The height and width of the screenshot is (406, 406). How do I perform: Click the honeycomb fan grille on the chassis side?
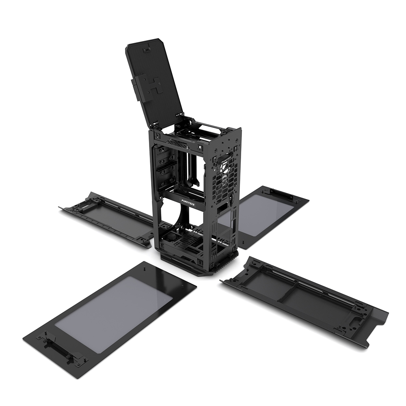tap(225, 179)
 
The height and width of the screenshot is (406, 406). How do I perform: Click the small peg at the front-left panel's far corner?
tap(145, 268)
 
